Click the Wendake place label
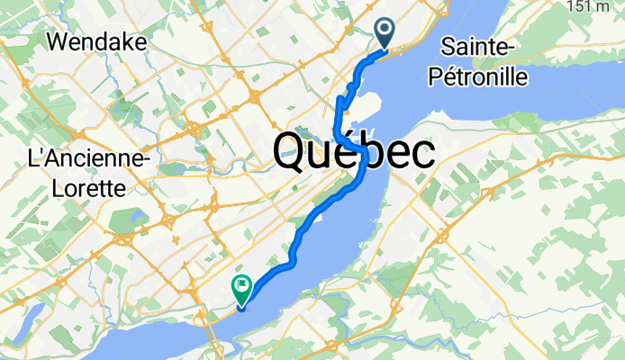pos(91,40)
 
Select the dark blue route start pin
pos(385,34)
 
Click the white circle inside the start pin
pos(385,30)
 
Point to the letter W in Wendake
pos(58,40)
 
